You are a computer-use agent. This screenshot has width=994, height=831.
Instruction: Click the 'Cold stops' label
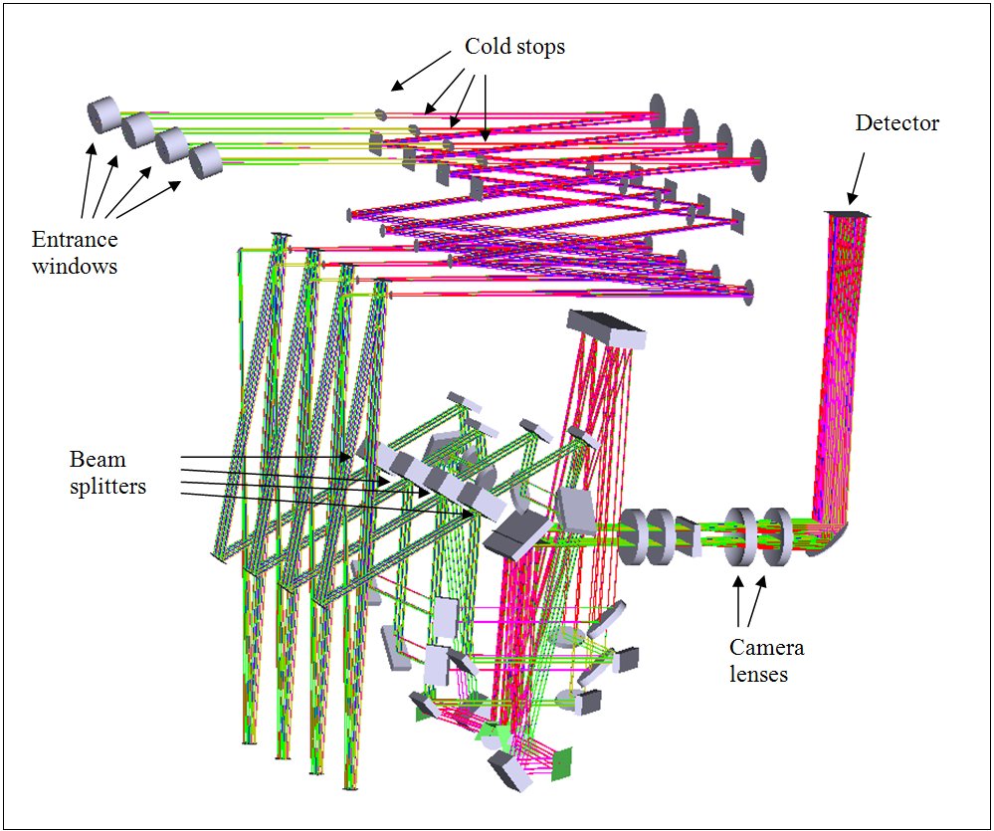tap(514, 47)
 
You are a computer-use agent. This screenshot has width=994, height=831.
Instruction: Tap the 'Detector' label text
tap(896, 123)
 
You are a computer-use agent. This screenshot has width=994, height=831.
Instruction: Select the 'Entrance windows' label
tap(75, 253)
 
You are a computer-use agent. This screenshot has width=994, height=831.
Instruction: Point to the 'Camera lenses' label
tap(766, 661)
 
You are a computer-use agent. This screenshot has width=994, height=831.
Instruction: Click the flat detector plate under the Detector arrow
tap(848, 214)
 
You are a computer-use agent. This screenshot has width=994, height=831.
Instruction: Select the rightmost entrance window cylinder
tap(205, 160)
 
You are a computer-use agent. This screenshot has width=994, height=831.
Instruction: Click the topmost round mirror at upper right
tap(657, 110)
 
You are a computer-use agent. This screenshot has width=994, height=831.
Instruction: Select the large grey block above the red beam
tap(605, 329)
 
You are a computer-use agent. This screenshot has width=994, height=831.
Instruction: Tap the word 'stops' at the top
tap(541, 47)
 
